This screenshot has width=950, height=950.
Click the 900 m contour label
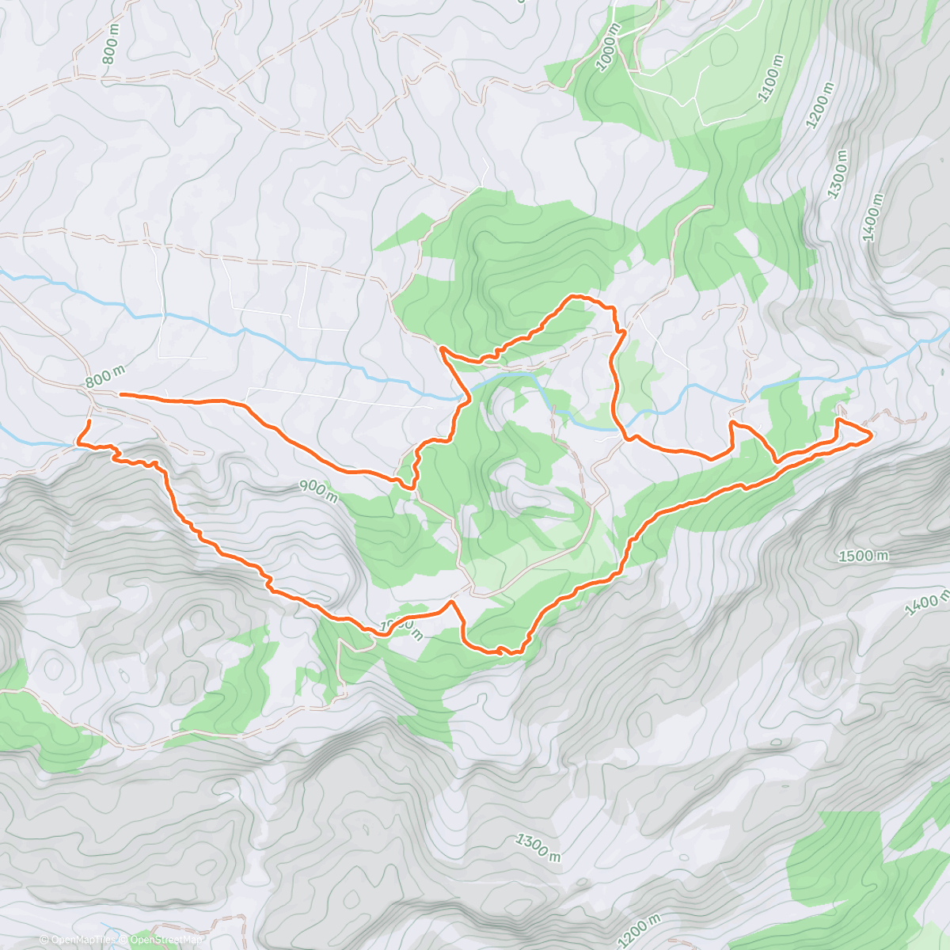pyautogui.click(x=319, y=491)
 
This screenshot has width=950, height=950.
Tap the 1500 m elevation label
pyautogui.click(x=863, y=557)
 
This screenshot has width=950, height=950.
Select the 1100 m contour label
pyautogui.click(x=771, y=78)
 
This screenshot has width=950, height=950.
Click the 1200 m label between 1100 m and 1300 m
pyautogui.click(x=820, y=106)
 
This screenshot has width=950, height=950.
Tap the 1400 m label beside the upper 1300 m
pyautogui.click(x=873, y=216)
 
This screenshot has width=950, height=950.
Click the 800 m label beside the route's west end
pyautogui.click(x=104, y=377)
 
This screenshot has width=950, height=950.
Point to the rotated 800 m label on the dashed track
pyautogui.click(x=110, y=51)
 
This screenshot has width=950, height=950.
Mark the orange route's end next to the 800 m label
pyautogui.click(x=120, y=393)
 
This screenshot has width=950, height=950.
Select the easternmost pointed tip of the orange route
pyautogui.click(x=872, y=435)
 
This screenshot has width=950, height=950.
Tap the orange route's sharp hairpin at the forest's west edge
pyautogui.click(x=440, y=348)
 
